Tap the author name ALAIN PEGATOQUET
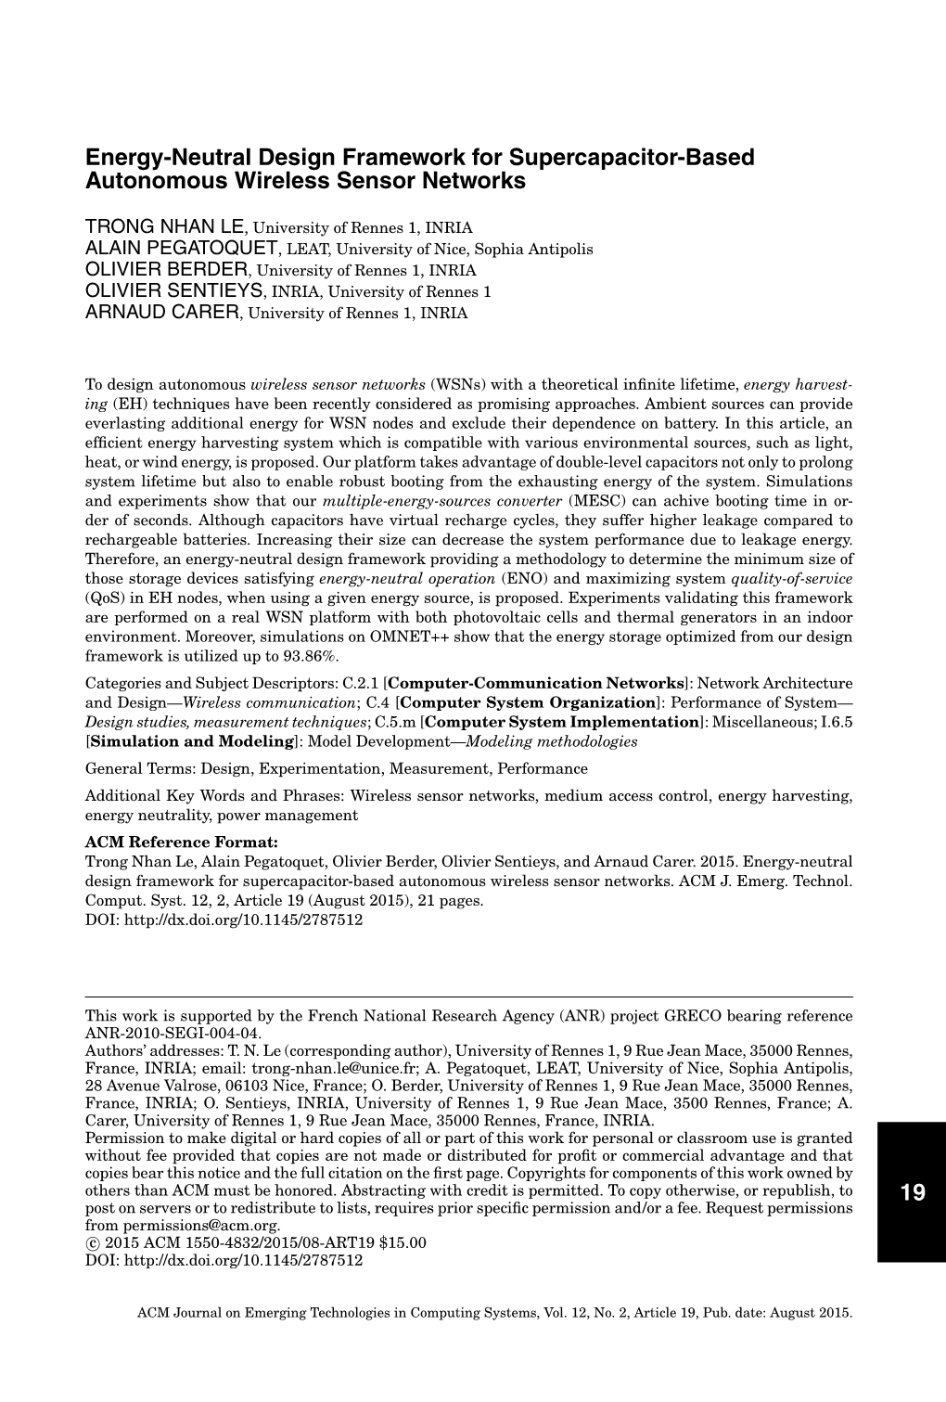click(x=182, y=249)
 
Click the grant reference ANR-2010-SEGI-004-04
click(x=173, y=1033)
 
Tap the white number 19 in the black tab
click(x=913, y=1192)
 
